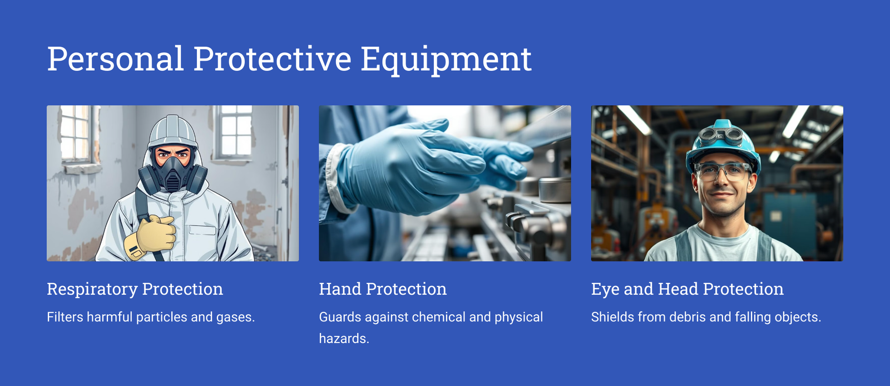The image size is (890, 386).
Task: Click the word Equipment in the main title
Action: tap(446, 60)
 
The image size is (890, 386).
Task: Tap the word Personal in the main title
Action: tap(116, 59)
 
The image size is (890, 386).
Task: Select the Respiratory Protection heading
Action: tap(135, 289)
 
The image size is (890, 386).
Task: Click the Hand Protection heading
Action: tap(383, 289)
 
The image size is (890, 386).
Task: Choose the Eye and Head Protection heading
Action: tap(688, 289)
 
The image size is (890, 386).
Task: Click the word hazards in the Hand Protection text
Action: tap(344, 339)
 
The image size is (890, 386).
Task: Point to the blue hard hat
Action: tap(723, 145)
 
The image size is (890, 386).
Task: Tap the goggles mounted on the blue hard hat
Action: tap(720, 137)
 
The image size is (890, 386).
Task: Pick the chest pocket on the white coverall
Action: tap(202, 229)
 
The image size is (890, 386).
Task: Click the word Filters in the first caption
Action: tap(65, 317)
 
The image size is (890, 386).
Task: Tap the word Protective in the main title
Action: tap(272, 59)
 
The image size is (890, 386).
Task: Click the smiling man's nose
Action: tap(721, 181)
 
